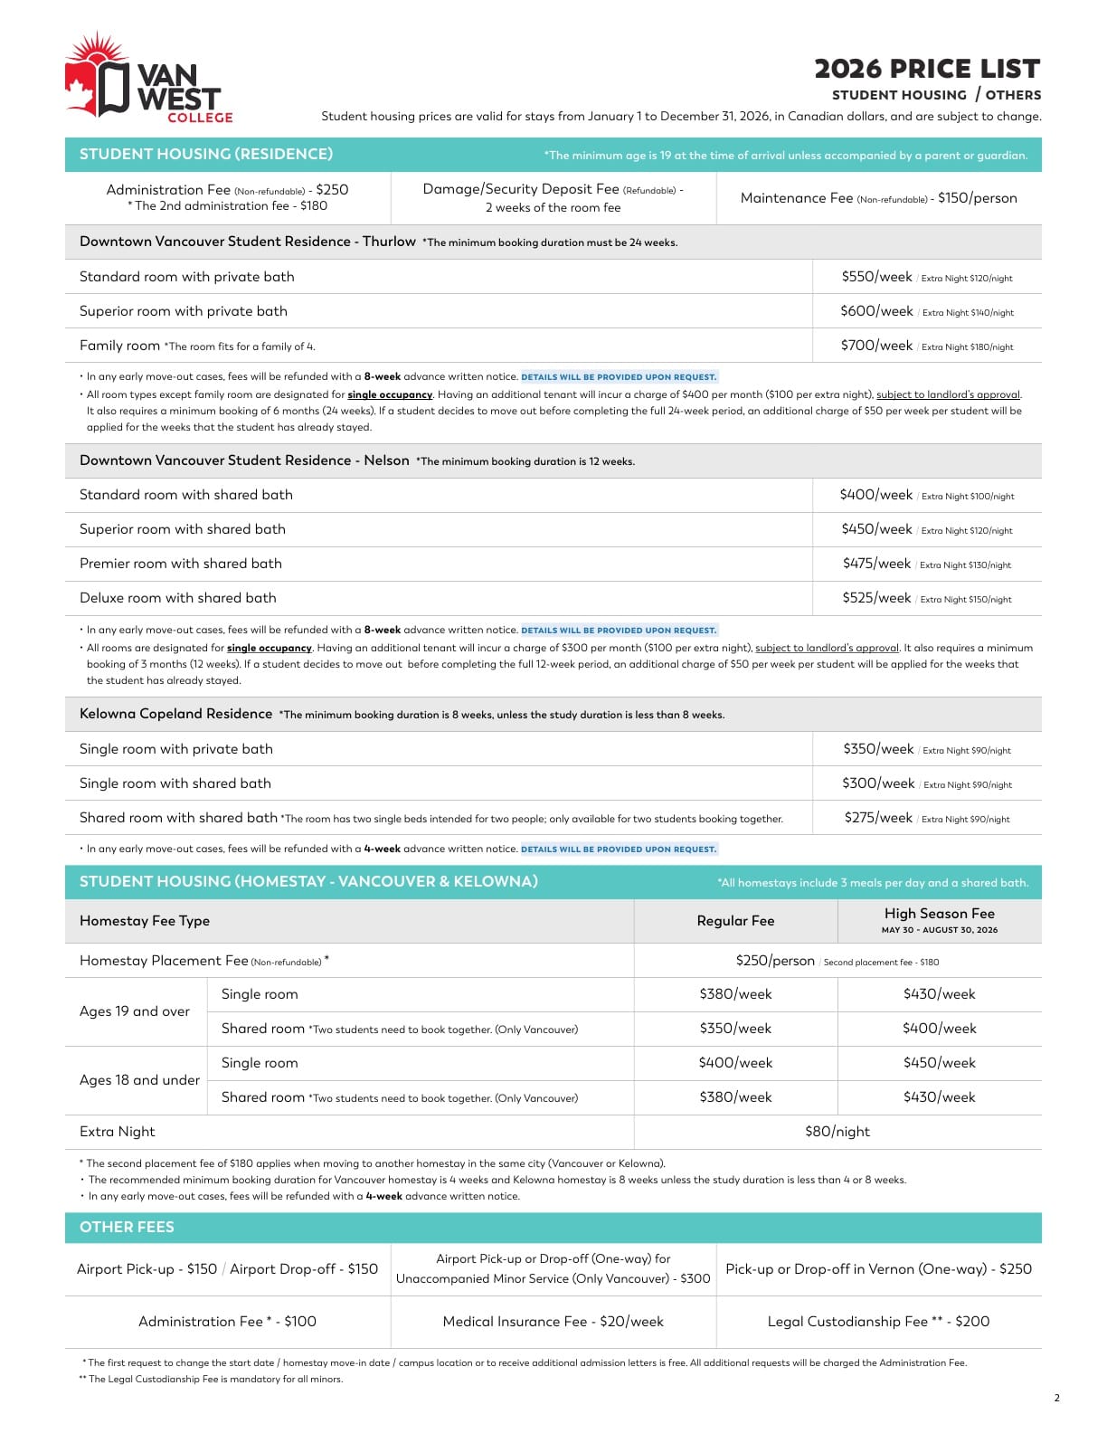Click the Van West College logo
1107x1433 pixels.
coord(148,79)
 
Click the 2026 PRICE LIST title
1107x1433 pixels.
coord(927,69)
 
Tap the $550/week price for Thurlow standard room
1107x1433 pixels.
coord(876,277)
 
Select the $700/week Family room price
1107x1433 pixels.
coord(876,346)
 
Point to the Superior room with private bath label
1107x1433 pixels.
coord(184,311)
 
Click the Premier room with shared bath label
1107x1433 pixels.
coord(181,564)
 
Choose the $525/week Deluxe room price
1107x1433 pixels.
coord(876,598)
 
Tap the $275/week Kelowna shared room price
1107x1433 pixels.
coord(878,818)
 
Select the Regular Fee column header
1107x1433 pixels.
coord(735,921)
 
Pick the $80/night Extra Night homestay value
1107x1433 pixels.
coord(837,1132)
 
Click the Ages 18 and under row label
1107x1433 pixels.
coord(139,1080)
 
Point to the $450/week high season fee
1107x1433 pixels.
coord(939,1063)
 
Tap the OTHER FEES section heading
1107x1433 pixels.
coord(127,1228)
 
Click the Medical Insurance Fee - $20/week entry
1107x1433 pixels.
coord(553,1322)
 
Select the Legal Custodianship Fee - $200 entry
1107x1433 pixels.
coord(878,1322)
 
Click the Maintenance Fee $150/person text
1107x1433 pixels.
coord(878,198)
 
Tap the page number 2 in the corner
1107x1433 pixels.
coord(1056,1398)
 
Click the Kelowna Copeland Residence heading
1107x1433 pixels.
coord(175,714)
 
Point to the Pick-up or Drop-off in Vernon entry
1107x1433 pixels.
coord(878,1269)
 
